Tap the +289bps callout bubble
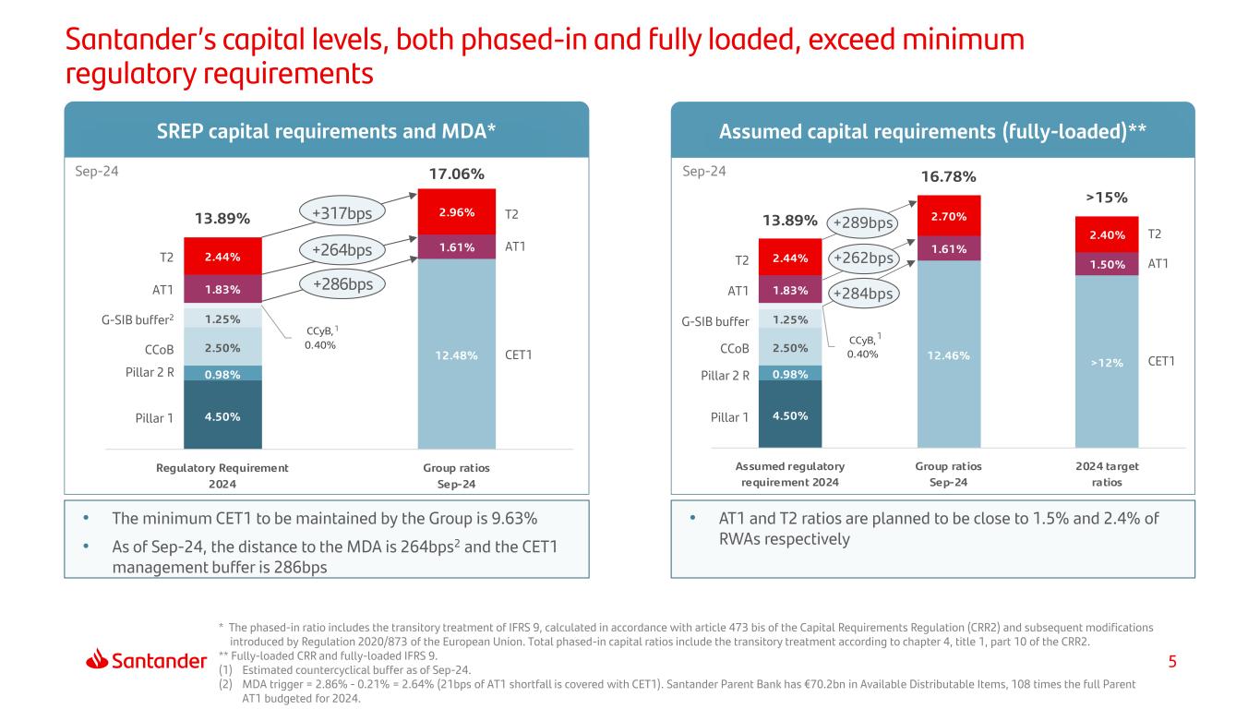[863, 223]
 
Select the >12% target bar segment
[1106, 362]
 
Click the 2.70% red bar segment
[948, 217]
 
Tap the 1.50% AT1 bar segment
[1106, 263]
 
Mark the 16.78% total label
[948, 176]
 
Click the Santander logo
[147, 661]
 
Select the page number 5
[1171, 661]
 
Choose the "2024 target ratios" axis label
[1106, 475]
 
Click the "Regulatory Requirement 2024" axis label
[222, 475]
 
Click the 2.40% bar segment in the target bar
[1106, 235]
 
